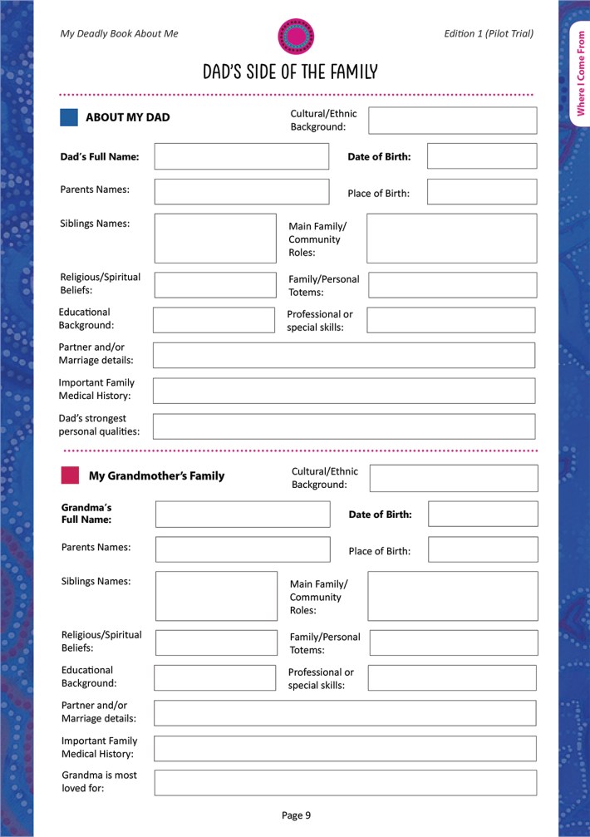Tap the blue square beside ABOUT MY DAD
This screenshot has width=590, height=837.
click(69, 117)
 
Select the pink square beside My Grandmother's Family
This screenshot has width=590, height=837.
click(71, 475)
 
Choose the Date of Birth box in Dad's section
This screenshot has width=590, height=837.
click(481, 156)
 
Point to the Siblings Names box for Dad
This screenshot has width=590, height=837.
click(215, 239)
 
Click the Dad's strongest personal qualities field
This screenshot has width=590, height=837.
click(344, 426)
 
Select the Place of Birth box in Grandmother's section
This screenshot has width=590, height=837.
click(482, 549)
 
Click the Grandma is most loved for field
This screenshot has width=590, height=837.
click(345, 782)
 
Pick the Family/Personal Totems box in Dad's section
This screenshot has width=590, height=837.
click(452, 285)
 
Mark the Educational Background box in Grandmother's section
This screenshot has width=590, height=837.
click(214, 677)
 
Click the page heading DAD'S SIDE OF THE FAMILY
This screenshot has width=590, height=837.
click(290, 71)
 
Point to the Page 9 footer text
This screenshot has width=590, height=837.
click(296, 815)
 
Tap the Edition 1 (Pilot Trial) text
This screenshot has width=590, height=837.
click(489, 33)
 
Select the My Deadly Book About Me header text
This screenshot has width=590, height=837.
click(120, 33)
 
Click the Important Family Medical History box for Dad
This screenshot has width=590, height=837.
click(344, 391)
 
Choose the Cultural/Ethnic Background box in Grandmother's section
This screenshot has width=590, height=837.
click(454, 478)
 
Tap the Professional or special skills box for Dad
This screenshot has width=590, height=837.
click(450, 320)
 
